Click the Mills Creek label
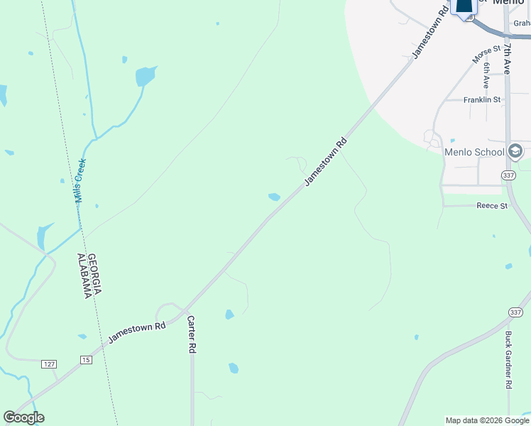pos(80,181)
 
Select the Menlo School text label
pos(474,152)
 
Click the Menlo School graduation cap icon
pos(516,151)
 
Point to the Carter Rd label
pos(191,335)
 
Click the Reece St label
pos(492,206)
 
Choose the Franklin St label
pos(482,100)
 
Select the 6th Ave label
pos(486,75)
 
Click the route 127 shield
pos(48,364)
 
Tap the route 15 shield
pos(86,359)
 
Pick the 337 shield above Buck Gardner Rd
pos(516,312)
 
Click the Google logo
pos(23,418)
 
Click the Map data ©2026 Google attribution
pos(487,420)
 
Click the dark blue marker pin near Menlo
pos(464,6)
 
